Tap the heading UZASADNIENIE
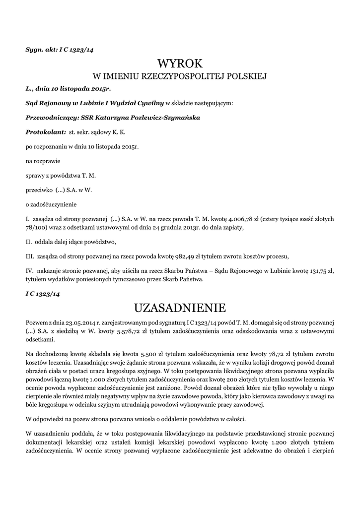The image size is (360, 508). pyautogui.click(x=180, y=308)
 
